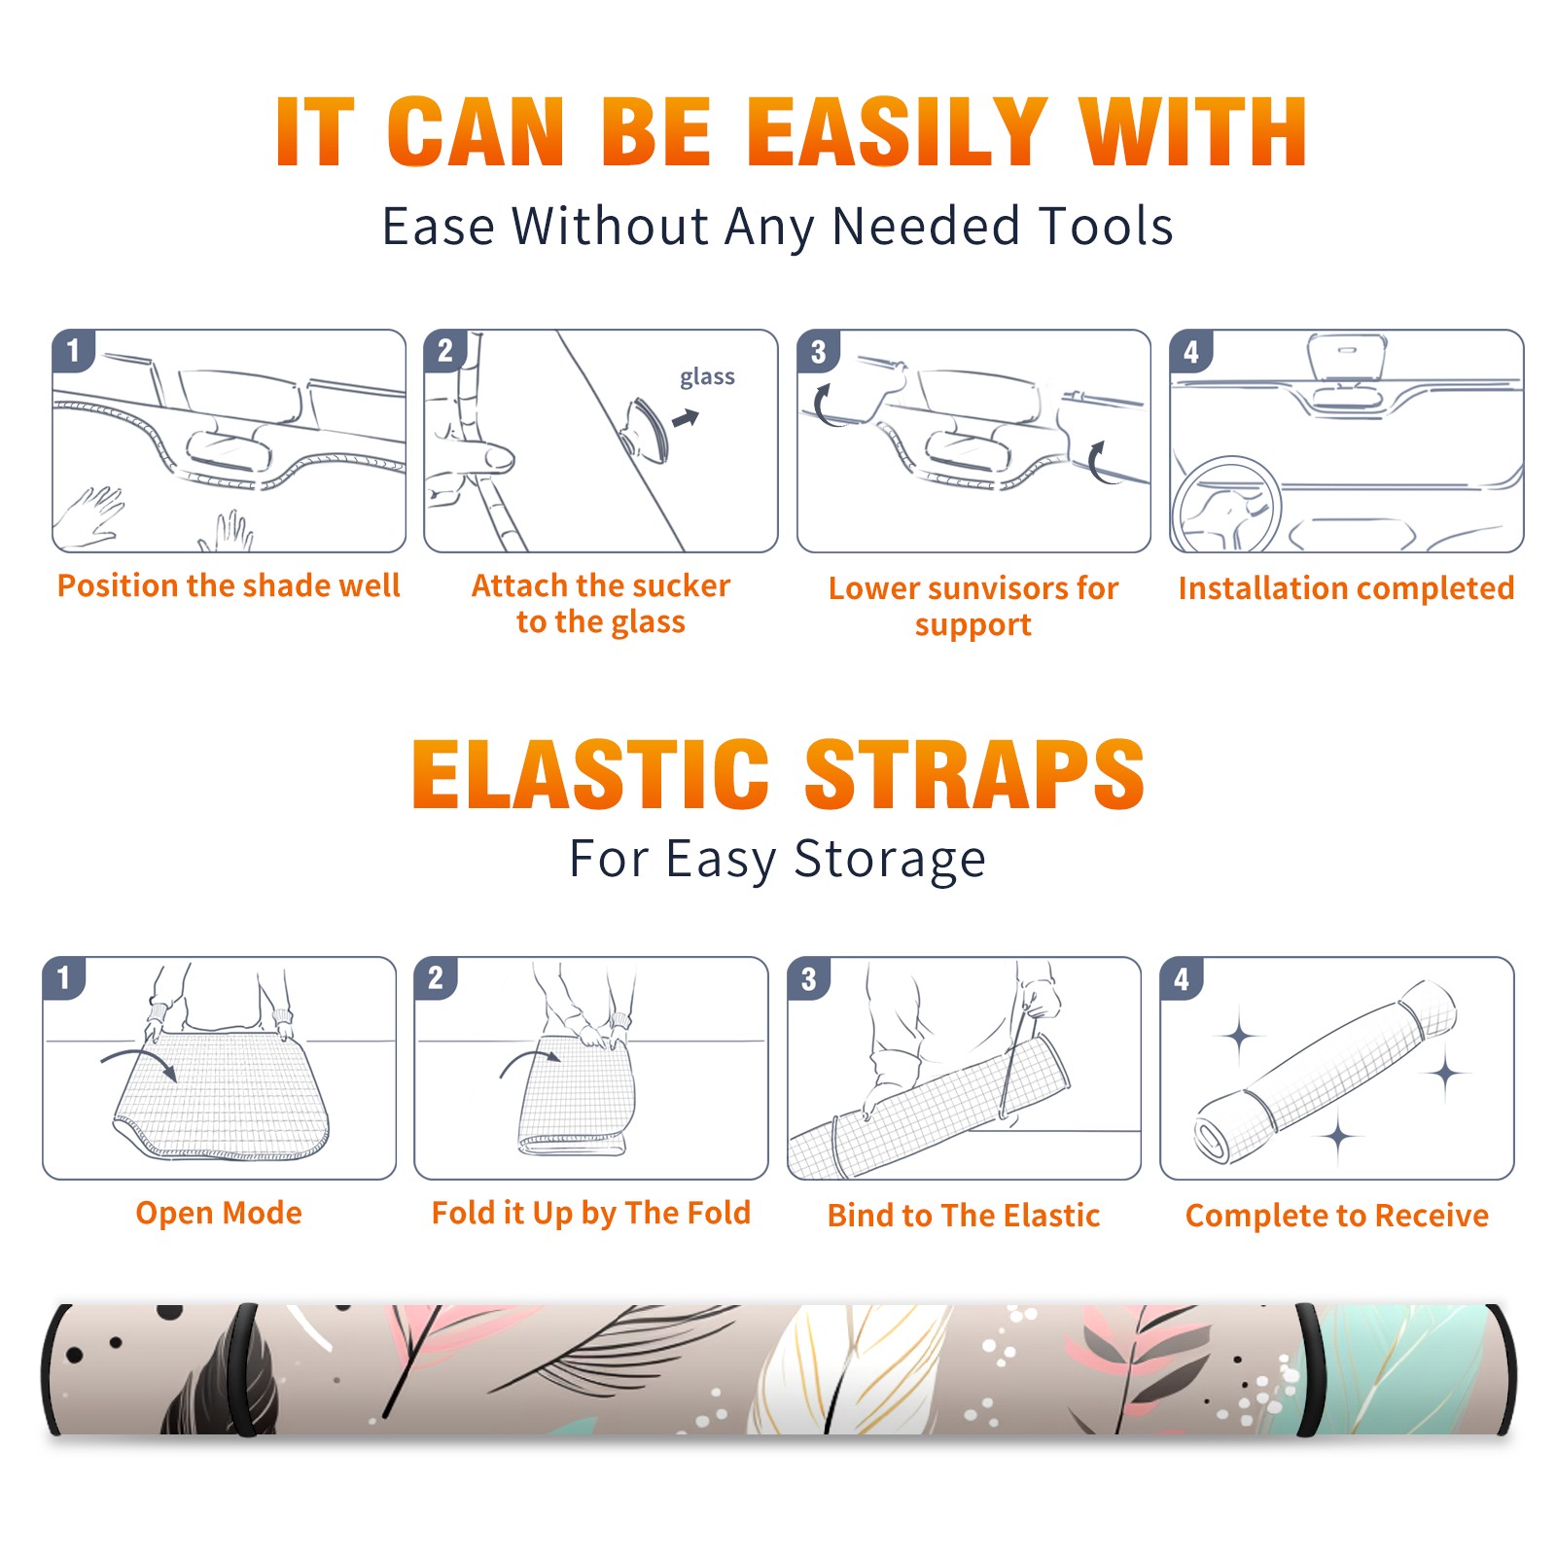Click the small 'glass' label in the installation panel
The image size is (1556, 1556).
(x=707, y=377)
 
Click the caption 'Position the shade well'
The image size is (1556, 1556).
(x=229, y=585)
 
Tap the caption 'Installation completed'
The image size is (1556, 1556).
(x=1346, y=587)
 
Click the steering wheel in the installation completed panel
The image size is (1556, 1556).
(x=1226, y=505)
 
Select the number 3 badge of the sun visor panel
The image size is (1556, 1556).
(x=819, y=351)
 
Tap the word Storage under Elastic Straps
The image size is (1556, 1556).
(x=890, y=860)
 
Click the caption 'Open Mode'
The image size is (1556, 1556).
(x=219, y=1213)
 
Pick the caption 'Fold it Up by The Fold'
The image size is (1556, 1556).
(x=591, y=1214)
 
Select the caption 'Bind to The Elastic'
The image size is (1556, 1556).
(x=964, y=1216)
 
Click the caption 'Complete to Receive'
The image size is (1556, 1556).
(x=1337, y=1216)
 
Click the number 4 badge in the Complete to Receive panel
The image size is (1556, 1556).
(x=1182, y=978)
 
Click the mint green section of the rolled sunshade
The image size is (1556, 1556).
(x=1400, y=1369)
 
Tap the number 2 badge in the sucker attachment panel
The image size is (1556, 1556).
(x=445, y=351)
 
